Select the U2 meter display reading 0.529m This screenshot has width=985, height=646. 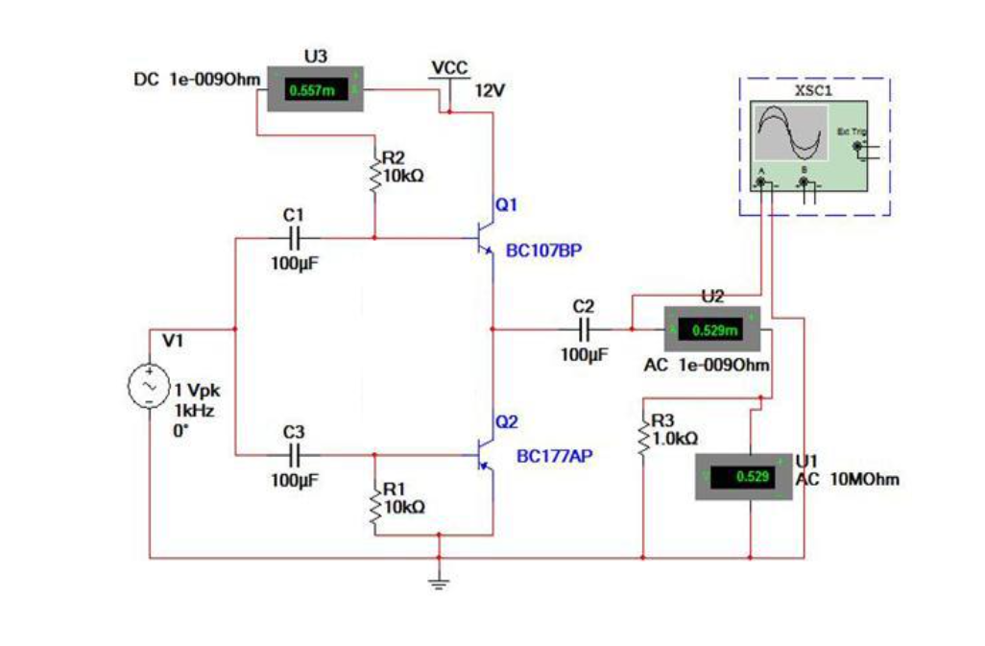[x=715, y=330]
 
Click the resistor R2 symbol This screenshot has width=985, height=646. [x=374, y=177]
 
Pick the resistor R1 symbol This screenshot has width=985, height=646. [x=374, y=504]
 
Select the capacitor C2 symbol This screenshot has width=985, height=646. [x=583, y=329]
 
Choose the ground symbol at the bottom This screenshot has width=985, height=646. [x=438, y=579]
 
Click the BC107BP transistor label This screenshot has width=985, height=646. [x=543, y=251]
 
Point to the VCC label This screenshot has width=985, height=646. [x=449, y=68]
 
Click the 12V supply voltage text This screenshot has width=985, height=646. [x=490, y=90]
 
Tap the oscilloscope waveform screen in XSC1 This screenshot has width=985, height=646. [x=790, y=133]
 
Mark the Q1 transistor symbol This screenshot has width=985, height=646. [x=485, y=235]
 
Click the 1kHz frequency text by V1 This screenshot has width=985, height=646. [x=192, y=410]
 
